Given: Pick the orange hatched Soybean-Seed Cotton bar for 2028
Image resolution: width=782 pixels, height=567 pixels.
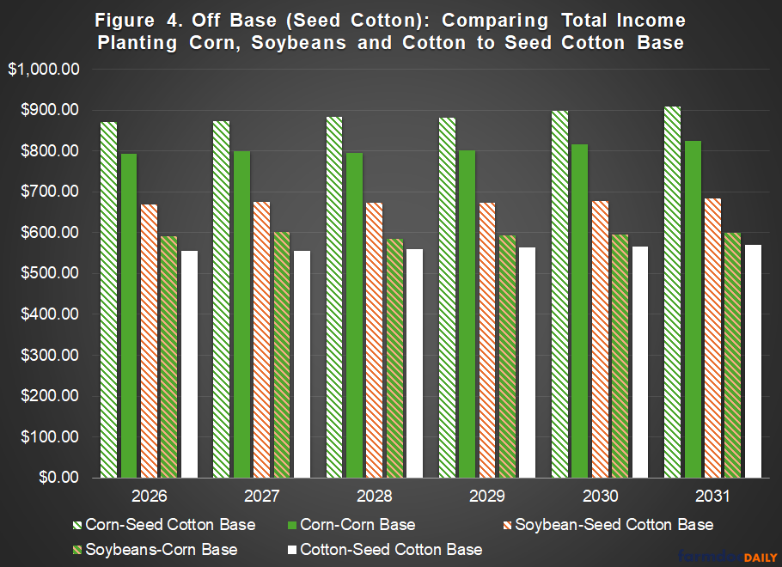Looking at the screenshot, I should [375, 339].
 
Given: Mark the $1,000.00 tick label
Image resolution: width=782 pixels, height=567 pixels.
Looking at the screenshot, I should [44, 70].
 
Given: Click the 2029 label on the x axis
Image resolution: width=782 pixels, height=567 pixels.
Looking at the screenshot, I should [486, 497].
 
